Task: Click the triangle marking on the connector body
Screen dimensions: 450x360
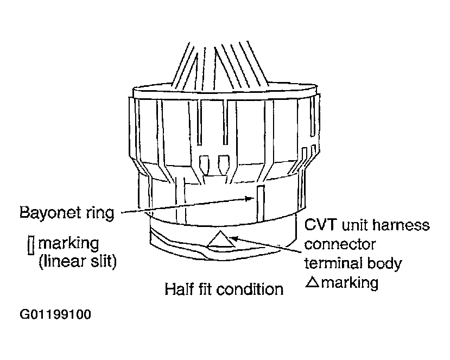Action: pos(220,239)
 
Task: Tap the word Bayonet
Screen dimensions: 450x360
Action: pos(52,212)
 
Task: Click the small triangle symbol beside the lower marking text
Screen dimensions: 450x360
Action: pos(312,282)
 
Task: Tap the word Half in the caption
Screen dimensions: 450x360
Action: pos(180,289)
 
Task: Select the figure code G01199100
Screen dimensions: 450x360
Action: pos(55,315)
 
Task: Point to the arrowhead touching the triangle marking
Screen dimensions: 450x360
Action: pos(232,236)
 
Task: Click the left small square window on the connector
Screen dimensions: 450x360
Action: pos(205,162)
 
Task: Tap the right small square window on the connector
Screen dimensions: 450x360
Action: pos(223,162)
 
